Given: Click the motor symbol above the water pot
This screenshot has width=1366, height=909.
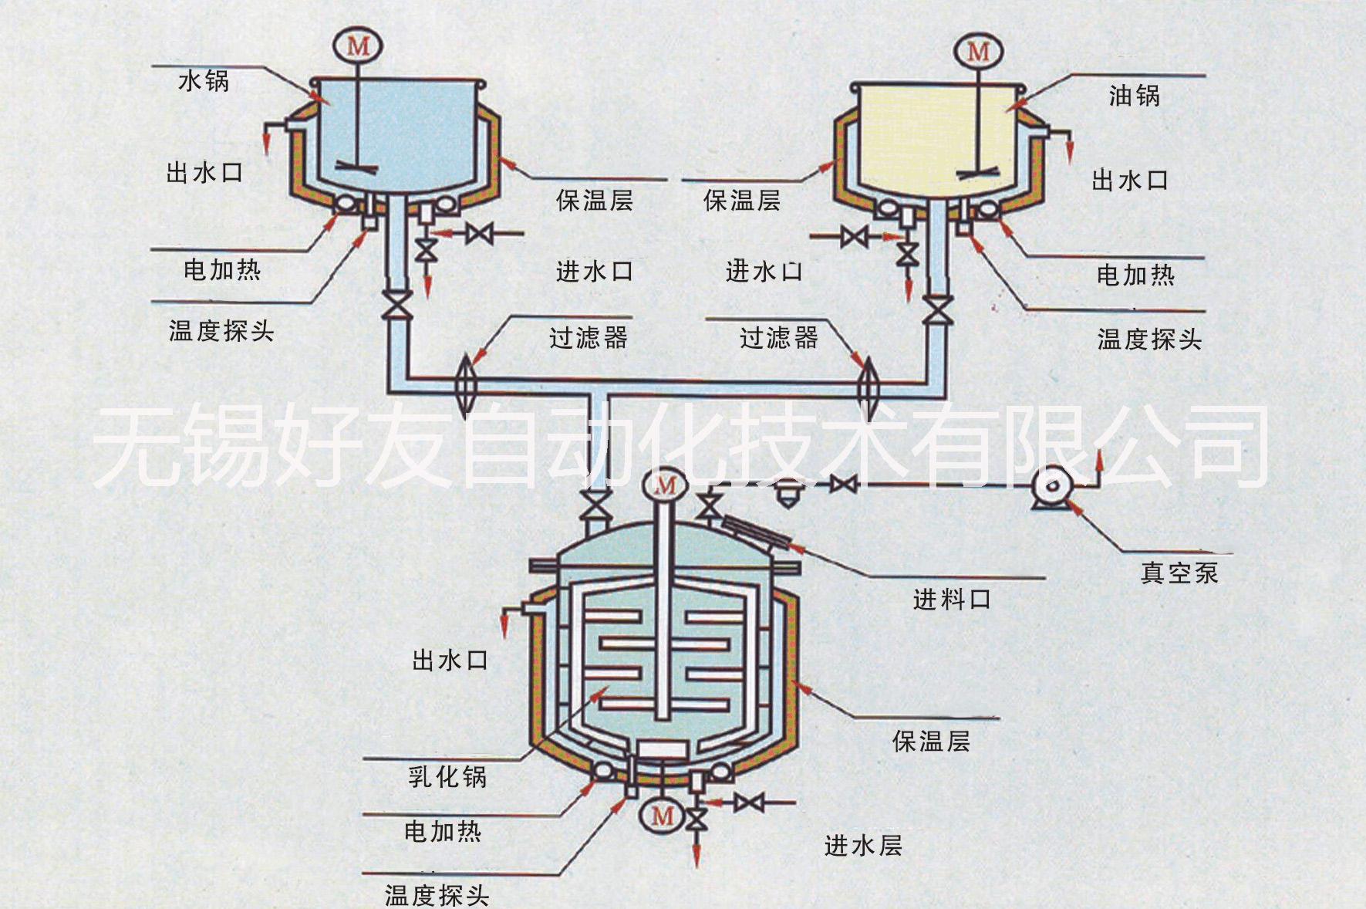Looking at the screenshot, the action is pyautogui.click(x=359, y=46).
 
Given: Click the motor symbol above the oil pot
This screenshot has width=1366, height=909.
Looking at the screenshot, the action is pyautogui.click(x=978, y=51).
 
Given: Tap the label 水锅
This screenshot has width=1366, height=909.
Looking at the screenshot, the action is pyautogui.click(x=204, y=81).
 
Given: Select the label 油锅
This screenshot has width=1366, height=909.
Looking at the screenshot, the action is pyautogui.click(x=1134, y=96).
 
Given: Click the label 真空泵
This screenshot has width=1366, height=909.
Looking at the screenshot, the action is pyautogui.click(x=1179, y=573).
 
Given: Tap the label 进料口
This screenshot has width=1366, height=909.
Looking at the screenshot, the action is pyautogui.click(x=952, y=599).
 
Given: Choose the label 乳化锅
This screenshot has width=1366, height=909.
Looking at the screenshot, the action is pyautogui.click(x=447, y=776).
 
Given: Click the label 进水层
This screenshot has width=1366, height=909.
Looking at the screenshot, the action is pyautogui.click(x=863, y=846).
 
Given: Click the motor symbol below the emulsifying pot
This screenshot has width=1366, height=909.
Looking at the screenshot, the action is pyautogui.click(x=663, y=815).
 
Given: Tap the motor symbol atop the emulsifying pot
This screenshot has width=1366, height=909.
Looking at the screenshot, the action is pyautogui.click(x=665, y=485).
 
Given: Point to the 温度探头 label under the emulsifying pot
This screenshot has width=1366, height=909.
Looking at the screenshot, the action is pyautogui.click(x=437, y=895).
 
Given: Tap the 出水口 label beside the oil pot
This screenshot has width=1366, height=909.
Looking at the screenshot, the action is pyautogui.click(x=1129, y=181).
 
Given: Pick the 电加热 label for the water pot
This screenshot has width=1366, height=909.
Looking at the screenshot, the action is pyautogui.click(x=222, y=269).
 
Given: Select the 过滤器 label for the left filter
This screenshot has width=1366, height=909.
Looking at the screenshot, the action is pyautogui.click(x=589, y=337).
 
